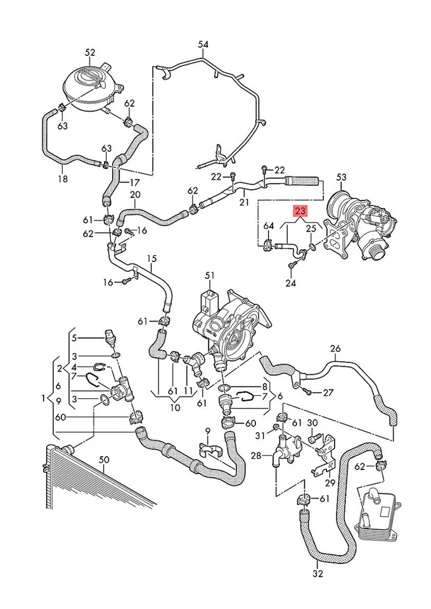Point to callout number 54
203,44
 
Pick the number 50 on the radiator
105,459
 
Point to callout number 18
62,180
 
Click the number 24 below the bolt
290,284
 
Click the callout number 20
135,194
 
